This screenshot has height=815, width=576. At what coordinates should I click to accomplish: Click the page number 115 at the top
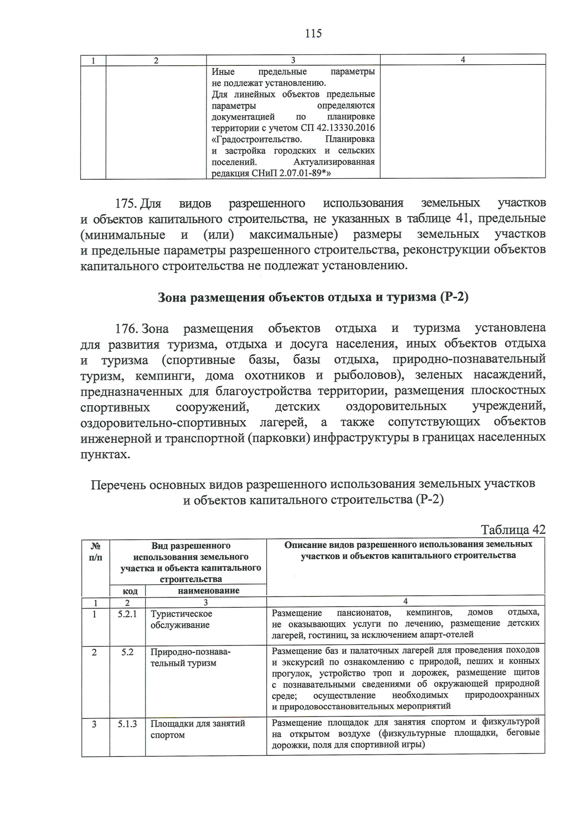point(313,34)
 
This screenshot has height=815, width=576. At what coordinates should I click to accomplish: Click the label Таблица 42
point(513,530)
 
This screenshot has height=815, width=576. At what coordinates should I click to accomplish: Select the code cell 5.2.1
point(127,614)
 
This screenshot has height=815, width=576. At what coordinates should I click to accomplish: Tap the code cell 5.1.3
point(127,724)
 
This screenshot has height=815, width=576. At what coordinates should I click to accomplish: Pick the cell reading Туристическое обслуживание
point(181,620)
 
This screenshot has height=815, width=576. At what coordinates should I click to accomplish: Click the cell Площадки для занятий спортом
point(197,729)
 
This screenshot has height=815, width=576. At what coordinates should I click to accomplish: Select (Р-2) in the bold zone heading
point(454,297)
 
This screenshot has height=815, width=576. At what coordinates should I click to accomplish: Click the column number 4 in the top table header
point(463,60)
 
